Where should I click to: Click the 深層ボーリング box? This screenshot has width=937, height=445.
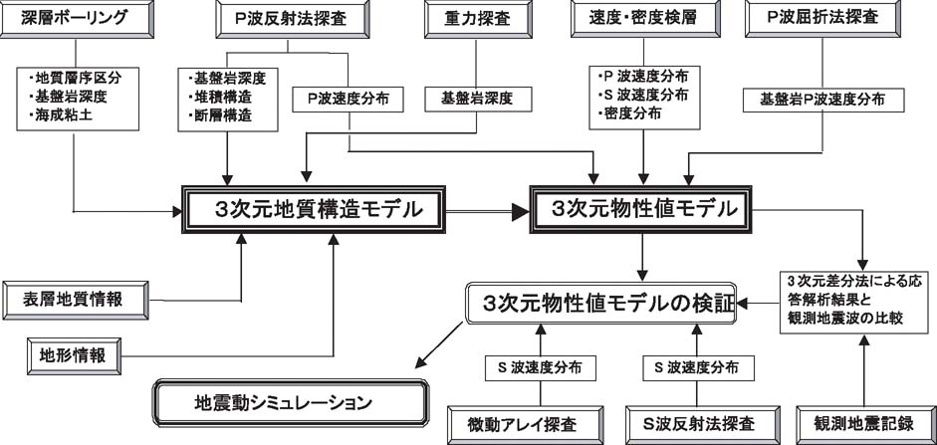77,20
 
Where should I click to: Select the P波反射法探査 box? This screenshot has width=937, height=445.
290,20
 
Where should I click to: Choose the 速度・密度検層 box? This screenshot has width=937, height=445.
643,20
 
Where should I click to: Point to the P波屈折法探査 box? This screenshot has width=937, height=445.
822,20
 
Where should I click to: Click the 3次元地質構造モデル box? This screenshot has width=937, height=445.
314,210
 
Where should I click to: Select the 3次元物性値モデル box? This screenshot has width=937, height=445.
640,209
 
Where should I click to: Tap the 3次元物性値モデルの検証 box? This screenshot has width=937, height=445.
600,304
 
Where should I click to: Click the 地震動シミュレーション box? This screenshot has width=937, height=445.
291,402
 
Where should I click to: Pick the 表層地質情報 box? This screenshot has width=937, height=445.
76,300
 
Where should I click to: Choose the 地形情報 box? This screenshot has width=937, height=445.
74,356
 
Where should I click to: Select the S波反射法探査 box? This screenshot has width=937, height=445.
703,425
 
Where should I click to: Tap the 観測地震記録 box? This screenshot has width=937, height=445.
863,425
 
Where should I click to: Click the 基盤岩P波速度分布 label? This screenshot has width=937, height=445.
822,100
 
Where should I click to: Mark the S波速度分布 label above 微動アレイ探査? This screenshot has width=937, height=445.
540,367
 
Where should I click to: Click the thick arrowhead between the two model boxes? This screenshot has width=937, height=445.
520,210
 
